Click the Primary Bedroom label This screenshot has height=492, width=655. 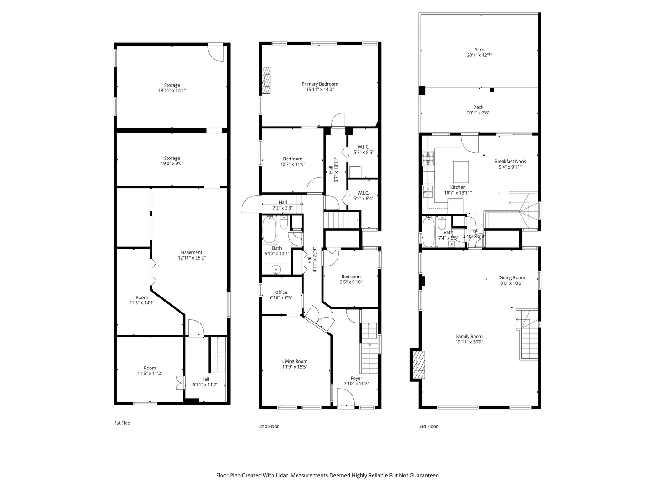(320, 84)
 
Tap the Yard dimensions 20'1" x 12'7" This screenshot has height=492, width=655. (479, 55)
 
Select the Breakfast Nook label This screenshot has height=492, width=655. (510, 161)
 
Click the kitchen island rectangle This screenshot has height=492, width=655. (461, 172)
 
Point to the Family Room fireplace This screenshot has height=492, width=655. (418, 364)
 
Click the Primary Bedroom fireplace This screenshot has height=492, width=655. (266, 80)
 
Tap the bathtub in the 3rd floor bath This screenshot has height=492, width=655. (428, 232)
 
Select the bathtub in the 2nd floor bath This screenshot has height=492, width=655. (269, 230)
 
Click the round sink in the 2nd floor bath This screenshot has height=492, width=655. (277, 269)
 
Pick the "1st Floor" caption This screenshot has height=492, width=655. (123, 423)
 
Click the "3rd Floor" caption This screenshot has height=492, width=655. (428, 426)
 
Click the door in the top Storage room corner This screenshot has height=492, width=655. (216, 53)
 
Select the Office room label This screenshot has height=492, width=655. (281, 292)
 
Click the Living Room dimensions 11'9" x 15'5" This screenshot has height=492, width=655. (295, 367)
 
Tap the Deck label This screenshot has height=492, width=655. (478, 107)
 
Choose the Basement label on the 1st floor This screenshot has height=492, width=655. (191, 252)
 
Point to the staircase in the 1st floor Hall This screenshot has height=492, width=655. (217, 354)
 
